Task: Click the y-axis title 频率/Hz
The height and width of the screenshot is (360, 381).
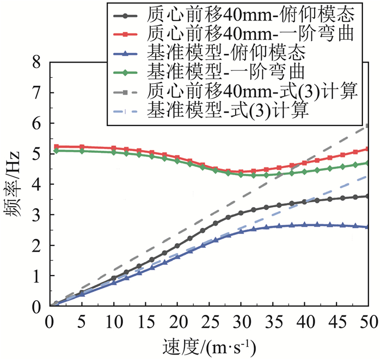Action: pos(17,185)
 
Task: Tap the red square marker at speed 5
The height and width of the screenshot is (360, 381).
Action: pos(82,147)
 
